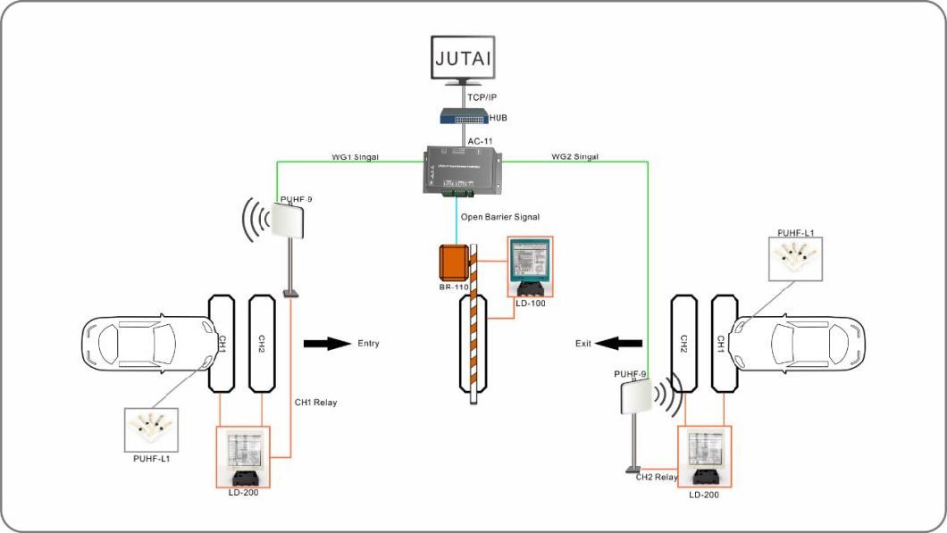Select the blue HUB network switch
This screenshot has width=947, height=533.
(x=464, y=116)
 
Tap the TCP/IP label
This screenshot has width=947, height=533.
(x=482, y=96)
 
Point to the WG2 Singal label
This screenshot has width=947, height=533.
(x=574, y=156)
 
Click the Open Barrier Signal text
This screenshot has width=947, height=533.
(x=500, y=217)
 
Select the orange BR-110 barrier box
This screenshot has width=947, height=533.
(x=455, y=262)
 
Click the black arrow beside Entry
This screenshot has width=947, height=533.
(x=327, y=344)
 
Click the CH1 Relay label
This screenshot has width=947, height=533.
(x=315, y=403)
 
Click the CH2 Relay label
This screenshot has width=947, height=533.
(x=657, y=477)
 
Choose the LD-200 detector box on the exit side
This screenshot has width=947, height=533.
(x=705, y=454)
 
